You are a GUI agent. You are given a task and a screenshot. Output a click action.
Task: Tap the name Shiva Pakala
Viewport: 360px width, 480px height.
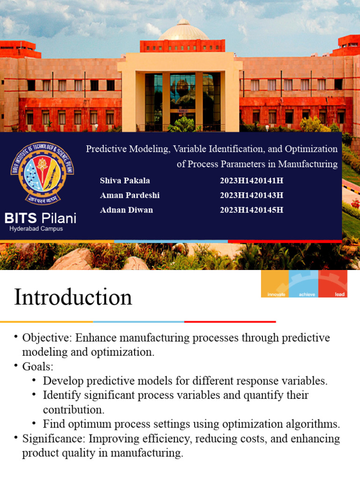[125, 181]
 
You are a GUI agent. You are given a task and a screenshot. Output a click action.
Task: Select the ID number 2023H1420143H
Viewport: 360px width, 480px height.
[252, 195]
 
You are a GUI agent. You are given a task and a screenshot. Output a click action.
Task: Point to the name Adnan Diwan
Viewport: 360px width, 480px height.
[127, 210]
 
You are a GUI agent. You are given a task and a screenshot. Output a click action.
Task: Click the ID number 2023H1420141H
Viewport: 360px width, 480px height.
[252, 181]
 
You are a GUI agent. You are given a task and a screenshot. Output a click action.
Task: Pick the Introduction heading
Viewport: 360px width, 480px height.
[73, 297]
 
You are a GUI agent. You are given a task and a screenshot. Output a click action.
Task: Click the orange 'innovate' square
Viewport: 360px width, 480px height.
[275, 284]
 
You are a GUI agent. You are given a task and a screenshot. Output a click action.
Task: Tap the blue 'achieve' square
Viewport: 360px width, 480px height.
[304, 284]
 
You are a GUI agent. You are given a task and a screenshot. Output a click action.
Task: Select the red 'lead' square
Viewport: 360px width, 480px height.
[333, 284]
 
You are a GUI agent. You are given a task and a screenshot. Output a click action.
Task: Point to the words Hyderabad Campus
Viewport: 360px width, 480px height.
[36, 229]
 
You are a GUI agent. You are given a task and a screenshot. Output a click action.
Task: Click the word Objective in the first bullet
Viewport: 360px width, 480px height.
[44, 338]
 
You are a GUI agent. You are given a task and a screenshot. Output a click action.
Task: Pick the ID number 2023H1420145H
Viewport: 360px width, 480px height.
[252, 210]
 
